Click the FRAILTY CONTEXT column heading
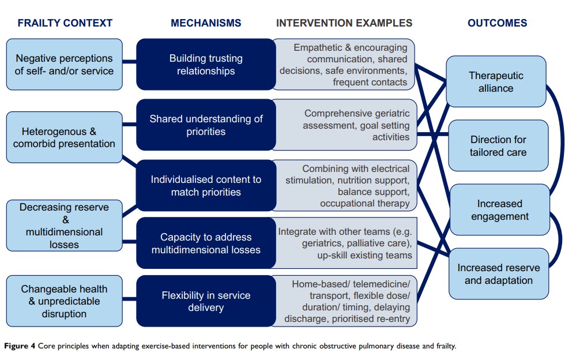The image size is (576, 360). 65,24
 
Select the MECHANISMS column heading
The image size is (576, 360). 206,24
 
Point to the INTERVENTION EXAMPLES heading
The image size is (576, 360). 344,24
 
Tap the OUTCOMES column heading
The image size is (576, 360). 497,24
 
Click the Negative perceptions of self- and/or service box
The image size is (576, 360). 65,65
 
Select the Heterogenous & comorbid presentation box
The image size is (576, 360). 65,137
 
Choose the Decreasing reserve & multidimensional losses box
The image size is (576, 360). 65,226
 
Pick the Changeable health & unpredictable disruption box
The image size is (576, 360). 65,302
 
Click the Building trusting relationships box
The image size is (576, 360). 206,65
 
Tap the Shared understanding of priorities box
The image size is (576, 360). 206,125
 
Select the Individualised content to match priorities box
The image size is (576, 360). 206,186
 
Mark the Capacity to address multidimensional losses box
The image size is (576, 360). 206,243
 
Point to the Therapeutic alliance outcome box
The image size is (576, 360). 496,82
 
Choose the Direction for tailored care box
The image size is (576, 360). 498,146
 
